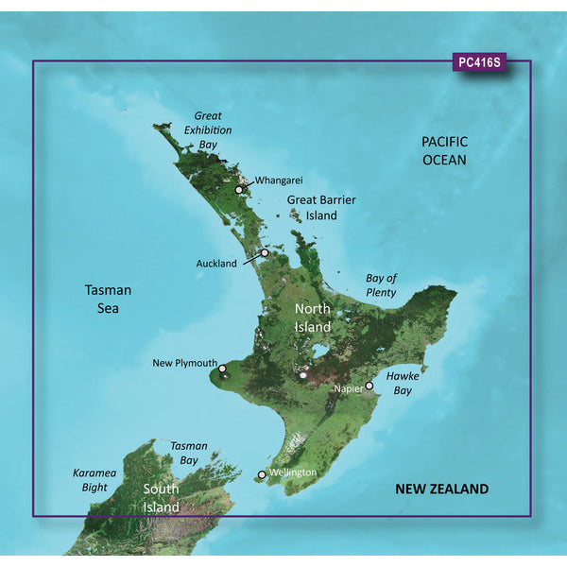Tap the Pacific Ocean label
click(x=444, y=150)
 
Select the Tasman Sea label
click(x=107, y=299)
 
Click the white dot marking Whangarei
click(x=239, y=189)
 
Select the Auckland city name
click(x=216, y=264)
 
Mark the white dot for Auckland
click(x=266, y=252)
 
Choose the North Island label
click(x=313, y=318)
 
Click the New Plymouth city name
click(x=184, y=363)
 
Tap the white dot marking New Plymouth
click(x=222, y=369)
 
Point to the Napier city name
click(x=347, y=388)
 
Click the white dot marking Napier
click(x=369, y=386)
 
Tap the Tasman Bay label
click(x=189, y=453)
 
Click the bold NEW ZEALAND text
click(x=441, y=489)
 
